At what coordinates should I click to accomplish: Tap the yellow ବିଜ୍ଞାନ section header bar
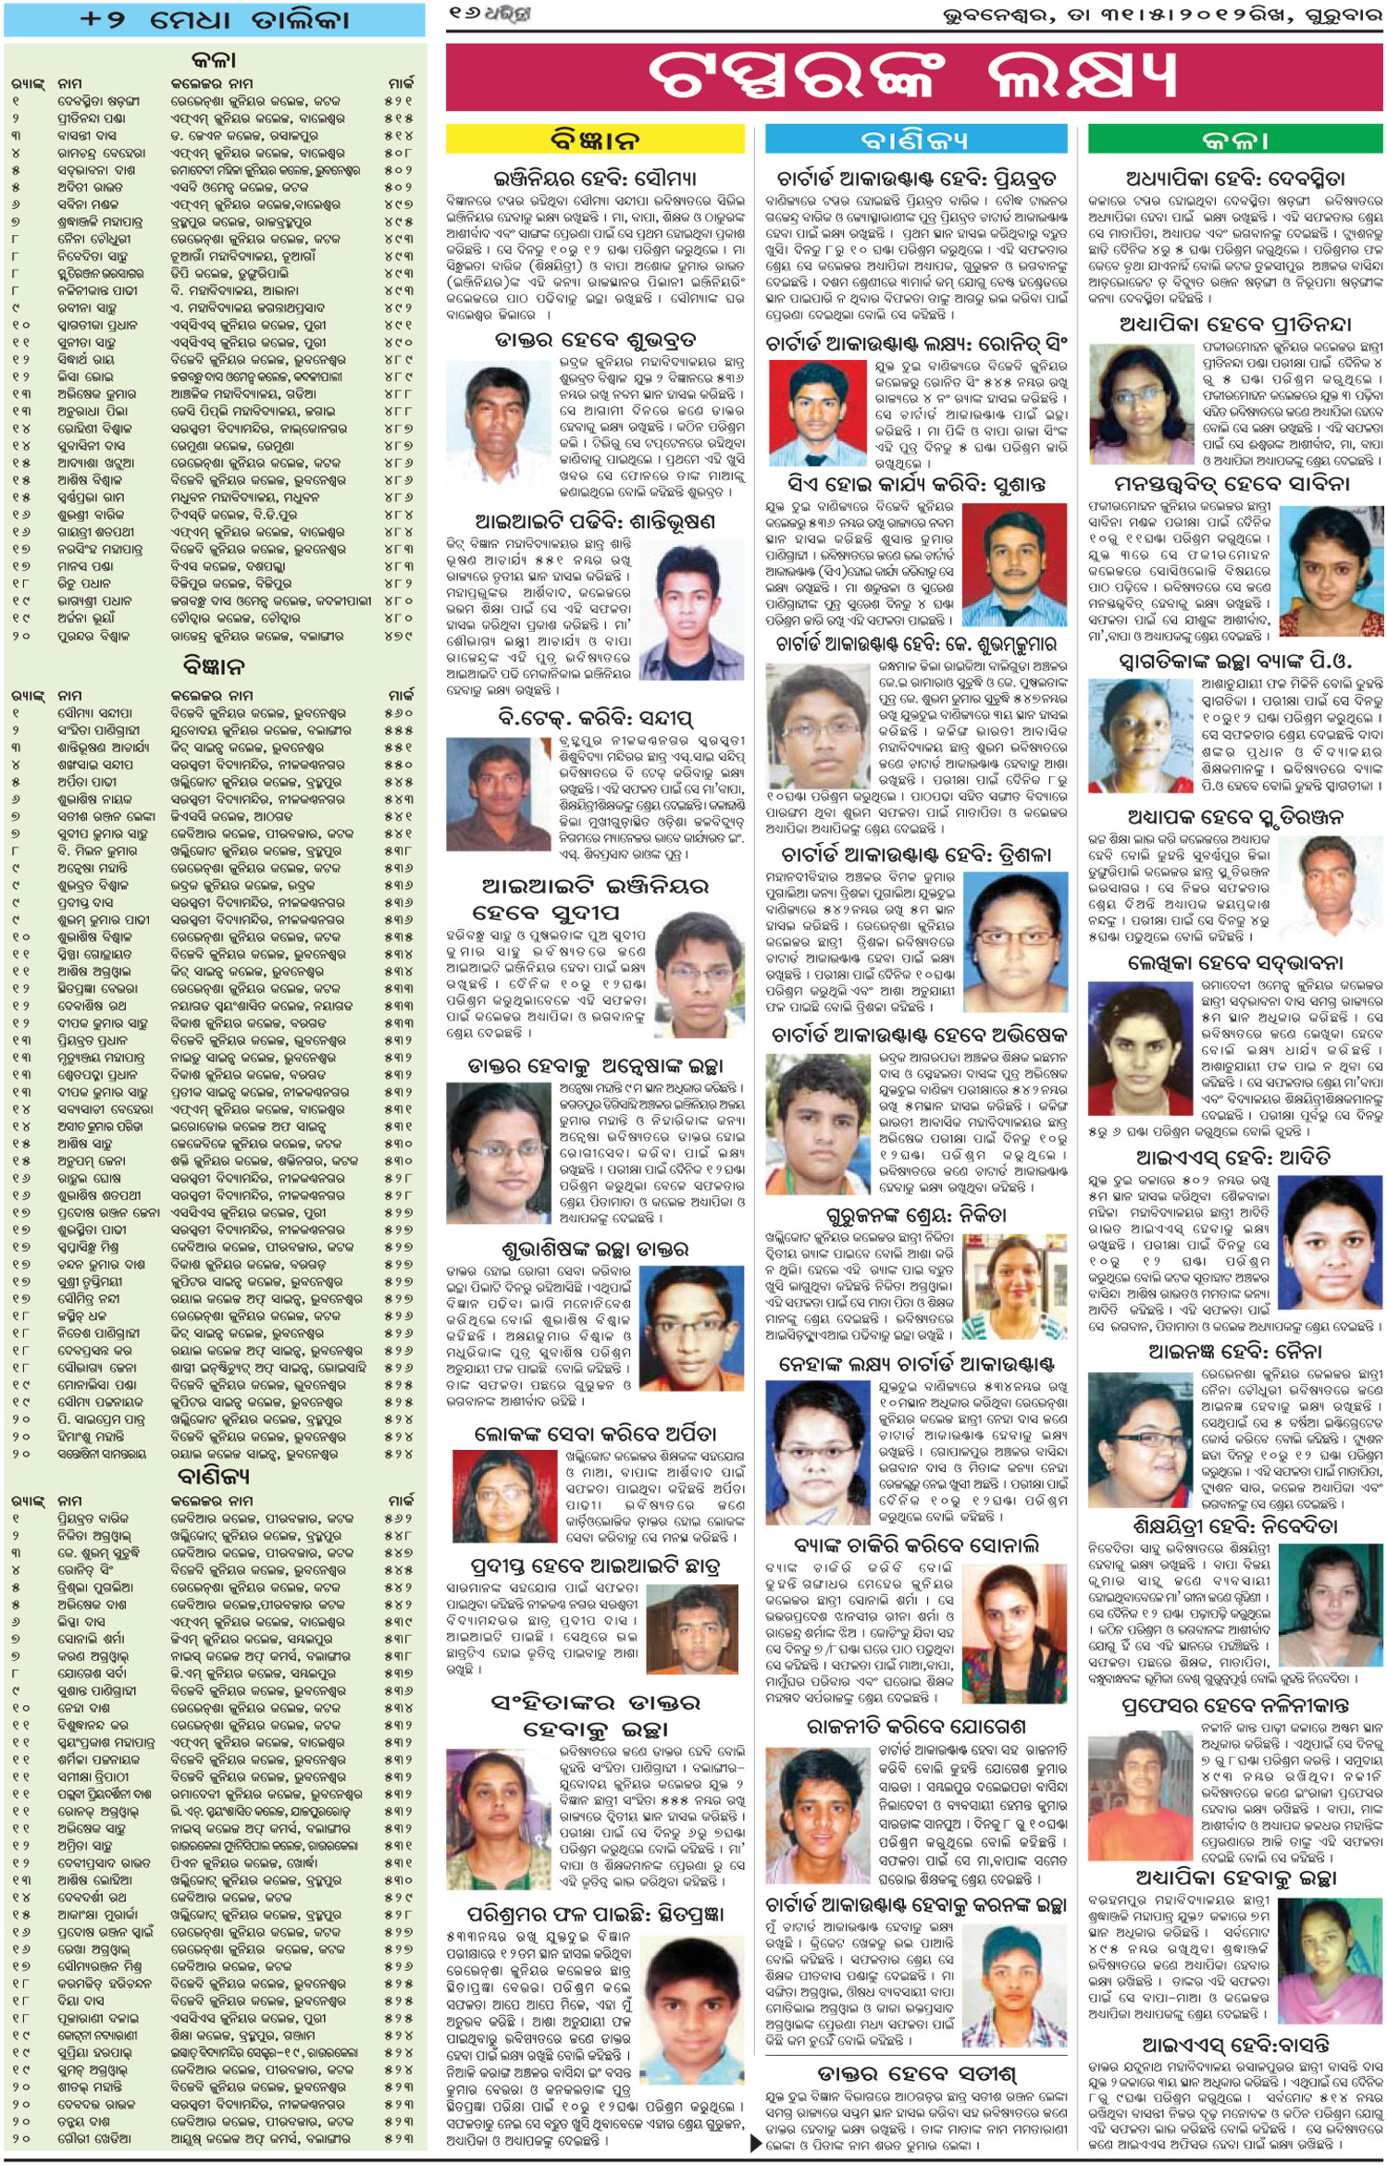[x=595, y=140]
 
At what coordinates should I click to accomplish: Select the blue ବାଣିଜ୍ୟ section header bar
[x=915, y=140]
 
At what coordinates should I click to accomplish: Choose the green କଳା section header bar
[x=1234, y=140]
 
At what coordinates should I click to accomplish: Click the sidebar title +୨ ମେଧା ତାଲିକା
[x=215, y=19]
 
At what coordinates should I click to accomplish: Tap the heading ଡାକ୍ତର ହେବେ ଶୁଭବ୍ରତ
[x=595, y=340]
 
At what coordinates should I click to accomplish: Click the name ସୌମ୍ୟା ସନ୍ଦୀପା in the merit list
[x=95, y=713]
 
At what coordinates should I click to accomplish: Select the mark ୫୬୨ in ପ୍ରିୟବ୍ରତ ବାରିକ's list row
[x=399, y=1518]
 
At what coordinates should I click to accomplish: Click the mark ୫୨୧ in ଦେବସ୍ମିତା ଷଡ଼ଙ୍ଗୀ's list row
[x=399, y=101]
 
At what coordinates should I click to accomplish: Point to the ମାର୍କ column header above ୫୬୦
[x=401, y=695]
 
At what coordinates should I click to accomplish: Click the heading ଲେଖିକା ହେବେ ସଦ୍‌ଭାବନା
[x=1234, y=963]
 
